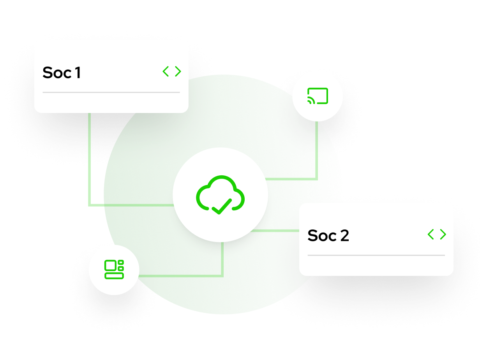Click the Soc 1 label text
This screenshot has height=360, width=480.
[x=62, y=73]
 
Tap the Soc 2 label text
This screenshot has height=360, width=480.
[x=328, y=236]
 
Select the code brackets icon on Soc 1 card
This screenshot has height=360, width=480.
[x=172, y=71]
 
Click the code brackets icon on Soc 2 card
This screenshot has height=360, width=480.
[x=437, y=234]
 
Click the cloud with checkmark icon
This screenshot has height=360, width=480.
[x=220, y=195]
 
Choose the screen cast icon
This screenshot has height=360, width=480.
[x=318, y=96]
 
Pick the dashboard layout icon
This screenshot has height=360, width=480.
[x=114, y=270]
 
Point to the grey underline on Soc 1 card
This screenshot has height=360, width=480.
[x=111, y=92]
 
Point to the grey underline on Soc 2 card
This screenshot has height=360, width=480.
[x=376, y=255]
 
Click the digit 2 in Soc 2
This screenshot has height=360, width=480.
[x=344, y=236]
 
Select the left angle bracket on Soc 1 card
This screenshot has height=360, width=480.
[x=166, y=71]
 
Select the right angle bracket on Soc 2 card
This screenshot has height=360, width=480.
[x=443, y=234]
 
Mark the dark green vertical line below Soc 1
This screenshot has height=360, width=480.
[x=90, y=156]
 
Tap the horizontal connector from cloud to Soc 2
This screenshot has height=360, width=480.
[x=277, y=231]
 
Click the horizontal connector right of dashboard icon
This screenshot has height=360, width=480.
[x=179, y=276]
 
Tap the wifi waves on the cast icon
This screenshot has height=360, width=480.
[x=311, y=101]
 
